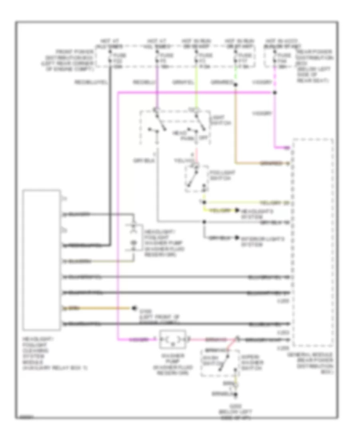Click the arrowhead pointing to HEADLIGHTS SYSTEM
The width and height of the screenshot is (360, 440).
point(237,210)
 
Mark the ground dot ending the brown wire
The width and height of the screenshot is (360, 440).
point(134,308)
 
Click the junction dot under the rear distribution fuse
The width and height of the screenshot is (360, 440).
point(275,93)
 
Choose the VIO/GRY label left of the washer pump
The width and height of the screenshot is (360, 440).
point(137,340)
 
